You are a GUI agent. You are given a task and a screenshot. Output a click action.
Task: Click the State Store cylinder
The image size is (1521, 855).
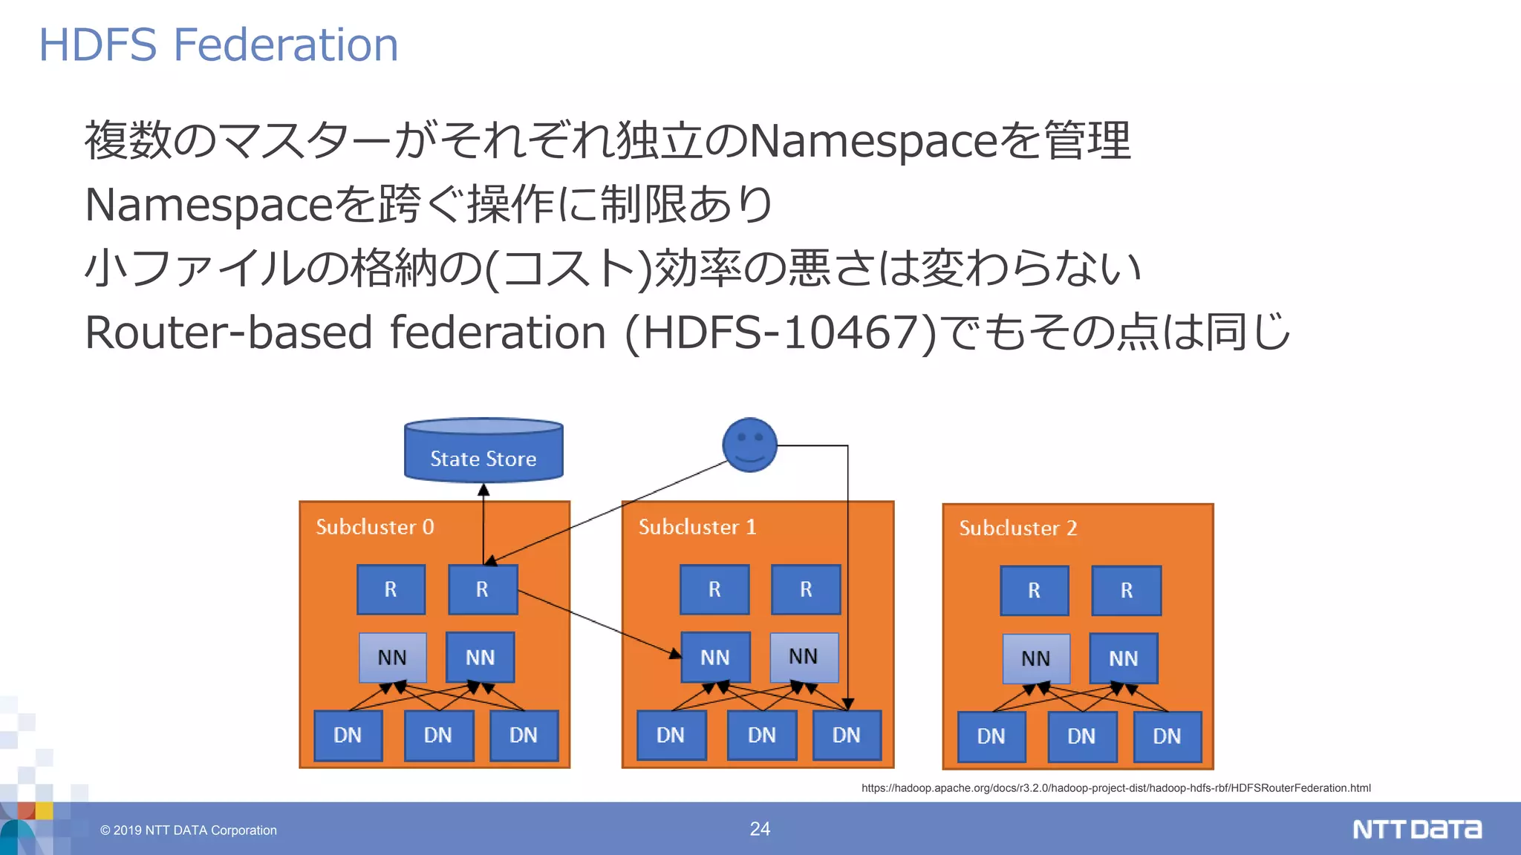click(483, 451)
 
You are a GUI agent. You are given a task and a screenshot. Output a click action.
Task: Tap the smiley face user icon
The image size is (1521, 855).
click(749, 445)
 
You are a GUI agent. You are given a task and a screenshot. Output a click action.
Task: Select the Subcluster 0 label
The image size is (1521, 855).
click(375, 527)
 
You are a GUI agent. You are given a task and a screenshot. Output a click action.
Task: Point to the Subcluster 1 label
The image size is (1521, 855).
click(697, 527)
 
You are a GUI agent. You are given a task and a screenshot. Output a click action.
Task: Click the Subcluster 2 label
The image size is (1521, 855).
click(1017, 528)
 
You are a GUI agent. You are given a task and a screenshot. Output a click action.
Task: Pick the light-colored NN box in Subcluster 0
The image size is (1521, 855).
click(392, 658)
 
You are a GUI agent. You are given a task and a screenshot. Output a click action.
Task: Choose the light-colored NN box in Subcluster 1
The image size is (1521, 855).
click(804, 657)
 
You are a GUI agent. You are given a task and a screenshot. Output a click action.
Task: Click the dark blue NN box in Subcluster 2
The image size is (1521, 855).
click(1123, 658)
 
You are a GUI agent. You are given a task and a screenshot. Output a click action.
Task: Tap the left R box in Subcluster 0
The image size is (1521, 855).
click(391, 589)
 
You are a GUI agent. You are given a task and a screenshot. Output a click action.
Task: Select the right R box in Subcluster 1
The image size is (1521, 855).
click(806, 589)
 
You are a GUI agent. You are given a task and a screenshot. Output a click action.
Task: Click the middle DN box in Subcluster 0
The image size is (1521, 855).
click(438, 736)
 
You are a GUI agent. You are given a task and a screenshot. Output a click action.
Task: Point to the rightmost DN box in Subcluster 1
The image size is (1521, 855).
click(847, 736)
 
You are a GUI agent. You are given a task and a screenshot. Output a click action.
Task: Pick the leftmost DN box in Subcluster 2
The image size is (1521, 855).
click(991, 736)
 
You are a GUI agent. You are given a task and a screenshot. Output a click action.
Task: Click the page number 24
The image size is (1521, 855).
click(760, 829)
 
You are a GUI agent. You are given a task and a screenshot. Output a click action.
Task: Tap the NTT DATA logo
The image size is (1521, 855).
click(1416, 829)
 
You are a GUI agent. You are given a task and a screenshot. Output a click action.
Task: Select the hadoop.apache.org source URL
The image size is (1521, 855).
click(1115, 788)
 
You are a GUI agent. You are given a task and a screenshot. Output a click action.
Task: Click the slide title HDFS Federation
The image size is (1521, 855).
click(218, 45)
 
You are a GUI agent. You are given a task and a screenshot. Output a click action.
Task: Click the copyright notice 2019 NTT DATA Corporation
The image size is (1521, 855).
click(189, 831)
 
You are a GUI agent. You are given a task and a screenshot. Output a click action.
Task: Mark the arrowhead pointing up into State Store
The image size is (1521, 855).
click(483, 490)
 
